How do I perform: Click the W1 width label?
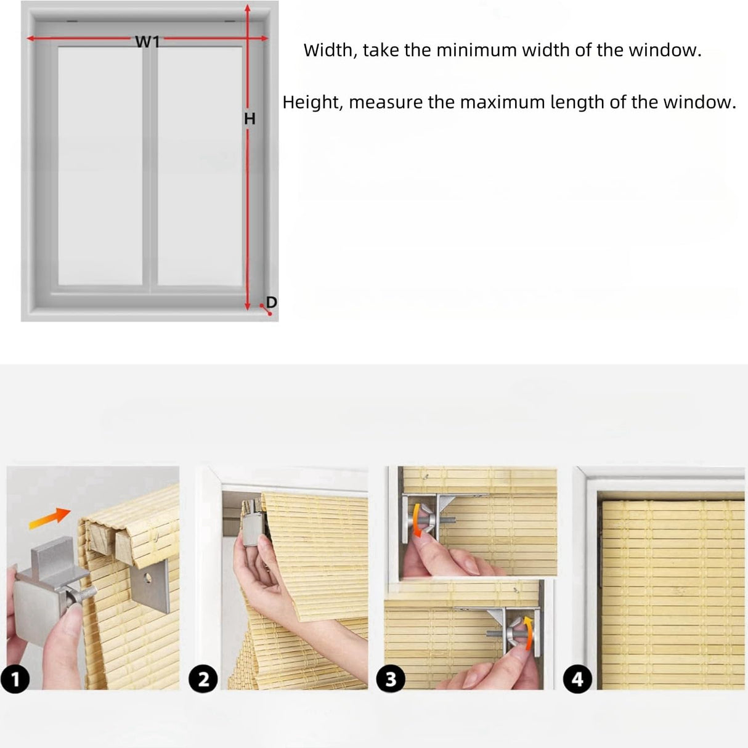click(x=147, y=41)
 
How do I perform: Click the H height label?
click(x=250, y=119)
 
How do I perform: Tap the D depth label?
click(x=271, y=303)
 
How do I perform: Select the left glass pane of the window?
click(x=100, y=165)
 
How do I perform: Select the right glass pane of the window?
click(x=200, y=165)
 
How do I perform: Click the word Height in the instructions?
click(x=311, y=102)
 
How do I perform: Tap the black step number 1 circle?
click(x=15, y=680)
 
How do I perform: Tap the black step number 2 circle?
click(x=203, y=680)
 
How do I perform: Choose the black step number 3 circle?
click(x=391, y=680)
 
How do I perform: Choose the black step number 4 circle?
click(x=578, y=680)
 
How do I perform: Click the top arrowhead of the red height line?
click(x=248, y=9)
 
